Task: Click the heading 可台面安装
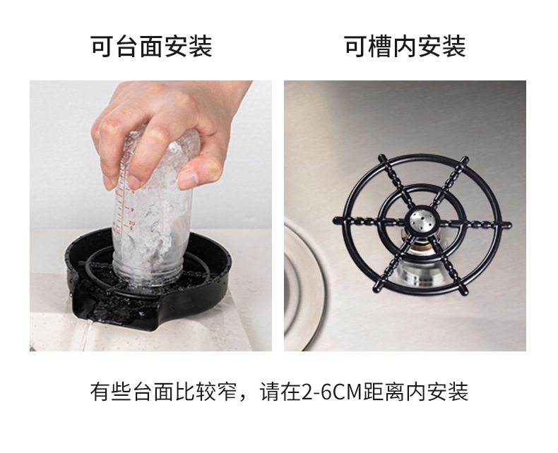tap(151, 47)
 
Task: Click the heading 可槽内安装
tap(405, 47)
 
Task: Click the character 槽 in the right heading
tap(381, 47)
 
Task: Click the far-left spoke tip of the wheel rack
tap(336, 220)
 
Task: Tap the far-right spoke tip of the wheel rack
tap(509, 225)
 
